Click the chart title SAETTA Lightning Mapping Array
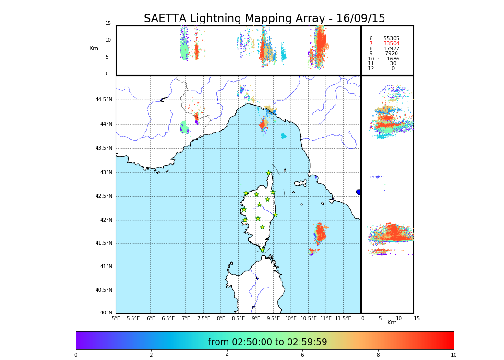point(264,19)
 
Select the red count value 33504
point(391,44)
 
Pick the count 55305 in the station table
point(391,38)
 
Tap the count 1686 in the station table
point(393,59)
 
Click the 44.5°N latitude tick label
point(104,100)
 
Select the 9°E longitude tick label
point(256,318)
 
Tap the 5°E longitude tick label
point(116,318)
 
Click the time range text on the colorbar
point(267,342)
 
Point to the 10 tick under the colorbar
point(453,355)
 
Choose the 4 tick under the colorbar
point(227,355)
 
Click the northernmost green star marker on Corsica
point(269,173)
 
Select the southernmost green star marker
point(262,250)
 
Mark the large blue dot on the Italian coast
point(359,192)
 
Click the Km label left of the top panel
point(94,48)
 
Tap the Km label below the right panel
point(392,323)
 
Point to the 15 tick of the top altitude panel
point(108,24)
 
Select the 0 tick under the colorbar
point(76,355)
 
